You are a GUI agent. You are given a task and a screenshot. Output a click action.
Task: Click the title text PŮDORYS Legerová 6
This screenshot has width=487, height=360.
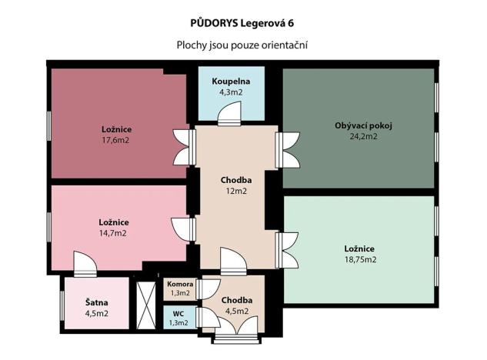tap(242, 22)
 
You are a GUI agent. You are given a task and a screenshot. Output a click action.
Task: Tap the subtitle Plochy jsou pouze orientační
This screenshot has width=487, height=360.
tap(242, 45)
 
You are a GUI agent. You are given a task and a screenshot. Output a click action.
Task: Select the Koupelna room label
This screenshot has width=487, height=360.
tap(231, 82)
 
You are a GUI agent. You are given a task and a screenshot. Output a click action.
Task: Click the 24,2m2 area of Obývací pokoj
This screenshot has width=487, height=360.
tap(361, 136)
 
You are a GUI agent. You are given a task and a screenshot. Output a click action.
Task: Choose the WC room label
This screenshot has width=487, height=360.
tap(178, 313)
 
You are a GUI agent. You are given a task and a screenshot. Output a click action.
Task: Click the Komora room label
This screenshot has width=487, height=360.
tap(179, 284)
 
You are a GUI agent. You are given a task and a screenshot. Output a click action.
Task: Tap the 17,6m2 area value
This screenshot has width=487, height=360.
tap(115, 141)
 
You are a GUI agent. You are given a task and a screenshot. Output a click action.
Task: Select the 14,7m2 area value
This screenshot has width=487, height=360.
tap(112, 232)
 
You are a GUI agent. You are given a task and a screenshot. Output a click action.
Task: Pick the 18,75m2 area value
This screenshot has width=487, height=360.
tap(359, 259)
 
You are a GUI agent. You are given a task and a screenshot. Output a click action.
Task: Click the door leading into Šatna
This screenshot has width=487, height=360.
tap(84, 266)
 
